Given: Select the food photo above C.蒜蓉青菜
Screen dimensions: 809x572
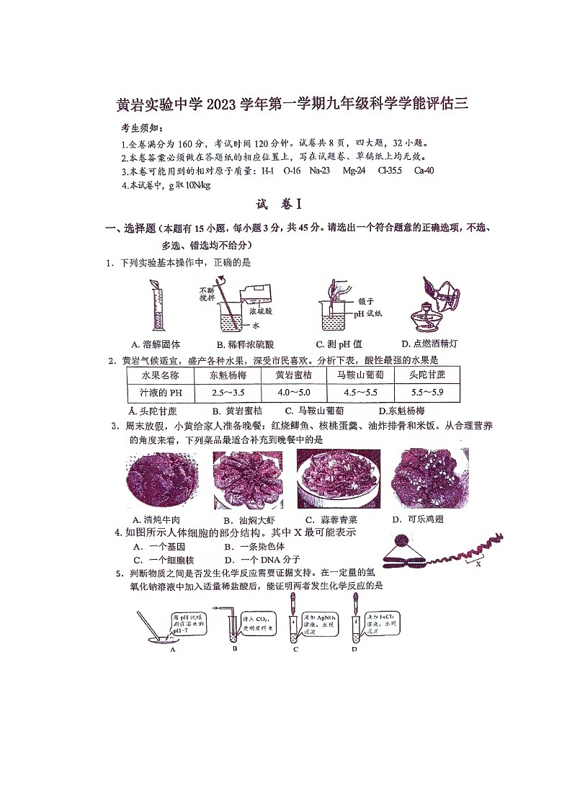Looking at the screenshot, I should point(338,479).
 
